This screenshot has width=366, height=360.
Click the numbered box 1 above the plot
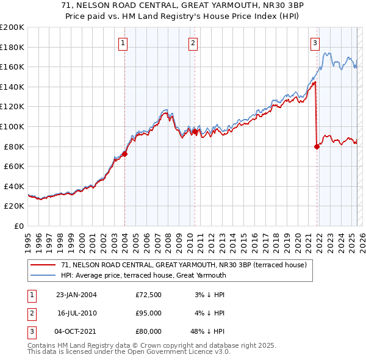coord(123,43)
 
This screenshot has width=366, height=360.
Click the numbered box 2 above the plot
coord(193,43)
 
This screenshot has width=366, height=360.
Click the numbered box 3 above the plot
coord(315,43)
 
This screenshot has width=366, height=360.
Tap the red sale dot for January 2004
coord(124,154)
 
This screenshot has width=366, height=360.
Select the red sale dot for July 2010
coord(195,131)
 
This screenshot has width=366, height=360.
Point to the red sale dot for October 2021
coord(317,146)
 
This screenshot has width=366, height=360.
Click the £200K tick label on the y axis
coord(12,27)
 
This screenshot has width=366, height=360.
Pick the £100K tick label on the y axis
coord(12,126)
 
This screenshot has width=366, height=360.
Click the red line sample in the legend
coord(43,265)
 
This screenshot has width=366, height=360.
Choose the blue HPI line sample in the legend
coord(43,275)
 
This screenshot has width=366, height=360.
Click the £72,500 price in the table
coord(148,295)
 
